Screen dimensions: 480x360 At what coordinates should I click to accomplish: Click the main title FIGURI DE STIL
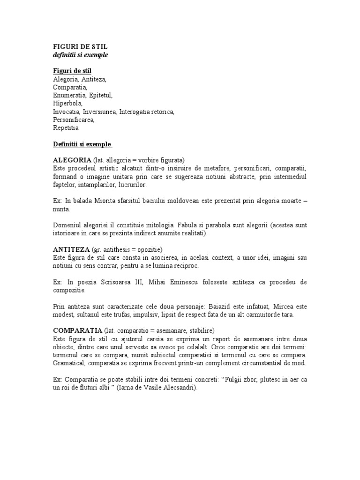coord(80,47)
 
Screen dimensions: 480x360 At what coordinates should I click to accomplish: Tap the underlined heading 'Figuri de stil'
coord(72,71)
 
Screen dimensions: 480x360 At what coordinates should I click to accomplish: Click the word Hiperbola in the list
coord(67,103)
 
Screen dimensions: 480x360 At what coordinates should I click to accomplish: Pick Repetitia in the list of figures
coord(66,127)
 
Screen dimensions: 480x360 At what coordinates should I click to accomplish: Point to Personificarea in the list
coord(74,120)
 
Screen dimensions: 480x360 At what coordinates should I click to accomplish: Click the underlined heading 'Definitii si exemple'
coord(82,143)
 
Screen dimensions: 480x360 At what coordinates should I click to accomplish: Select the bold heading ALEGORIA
coord(72,160)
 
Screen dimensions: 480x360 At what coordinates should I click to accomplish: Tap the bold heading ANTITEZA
coord(71,249)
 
